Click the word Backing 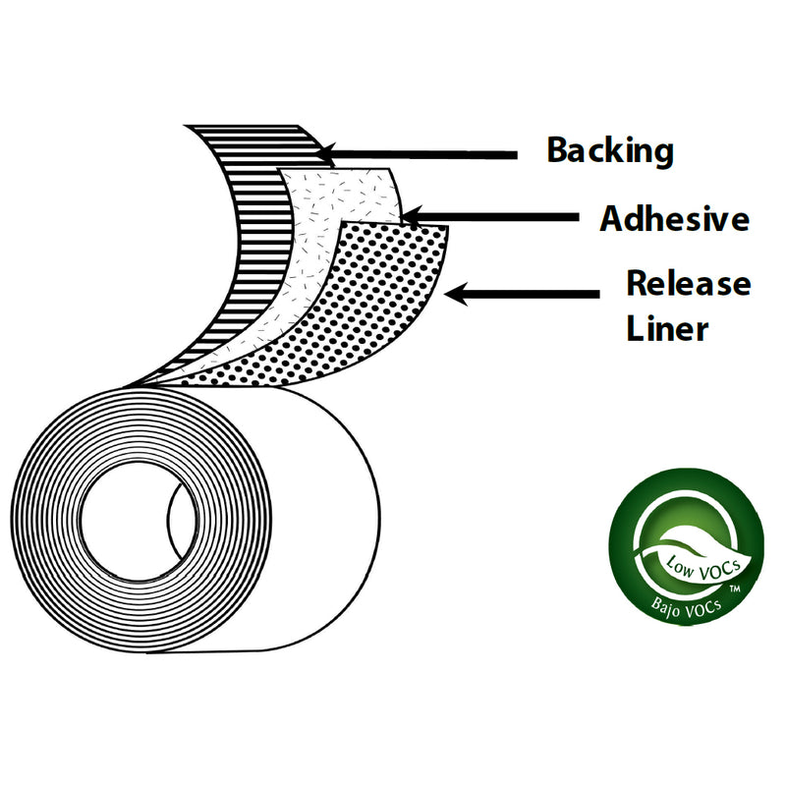(609, 151)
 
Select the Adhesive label (674, 218)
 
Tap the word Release (688, 284)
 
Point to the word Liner (667, 327)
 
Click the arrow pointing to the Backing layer (422, 154)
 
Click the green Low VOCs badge (685, 552)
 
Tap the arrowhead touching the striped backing (329, 154)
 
